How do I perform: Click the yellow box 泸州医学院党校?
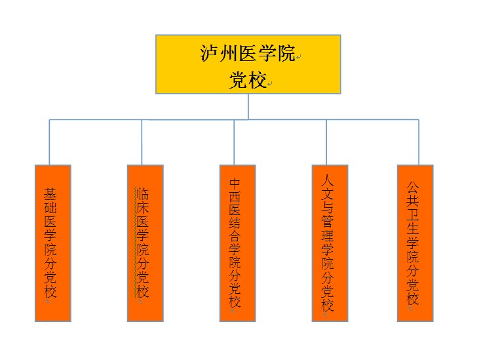coord(248,64)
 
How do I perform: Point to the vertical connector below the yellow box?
coord(248,106)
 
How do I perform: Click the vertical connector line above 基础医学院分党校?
coord(49,142)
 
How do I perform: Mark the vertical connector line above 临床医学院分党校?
coord(142,142)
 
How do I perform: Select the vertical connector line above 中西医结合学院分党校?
coord(234,142)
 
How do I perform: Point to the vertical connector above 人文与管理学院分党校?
coord(326,142)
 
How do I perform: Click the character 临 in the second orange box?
coord(142,193)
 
